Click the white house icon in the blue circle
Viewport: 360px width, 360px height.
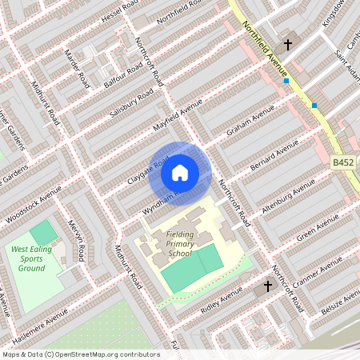pyautogui.click(x=180, y=172)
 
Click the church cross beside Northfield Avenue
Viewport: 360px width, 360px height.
pyautogui.click(x=287, y=45)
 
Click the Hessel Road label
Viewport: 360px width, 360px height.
pyautogui.click(x=120, y=15)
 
